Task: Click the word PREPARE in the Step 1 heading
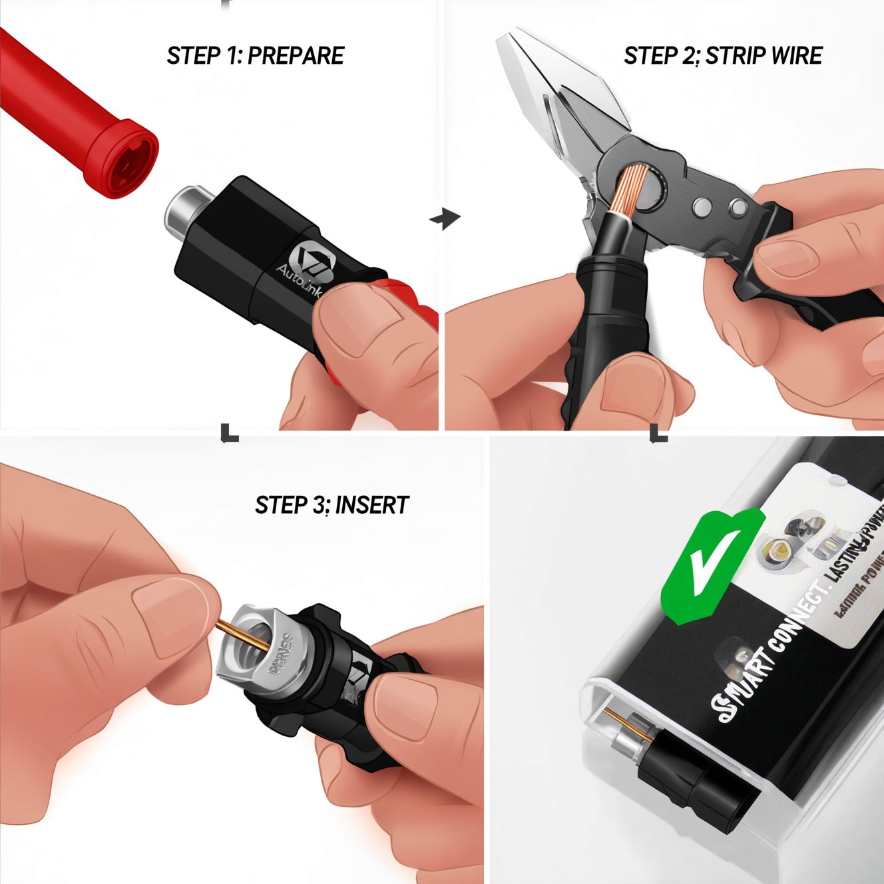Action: click(296, 55)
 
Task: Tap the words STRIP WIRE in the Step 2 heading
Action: click(763, 55)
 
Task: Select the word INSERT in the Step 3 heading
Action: click(371, 505)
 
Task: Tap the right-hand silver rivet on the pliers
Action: click(737, 208)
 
